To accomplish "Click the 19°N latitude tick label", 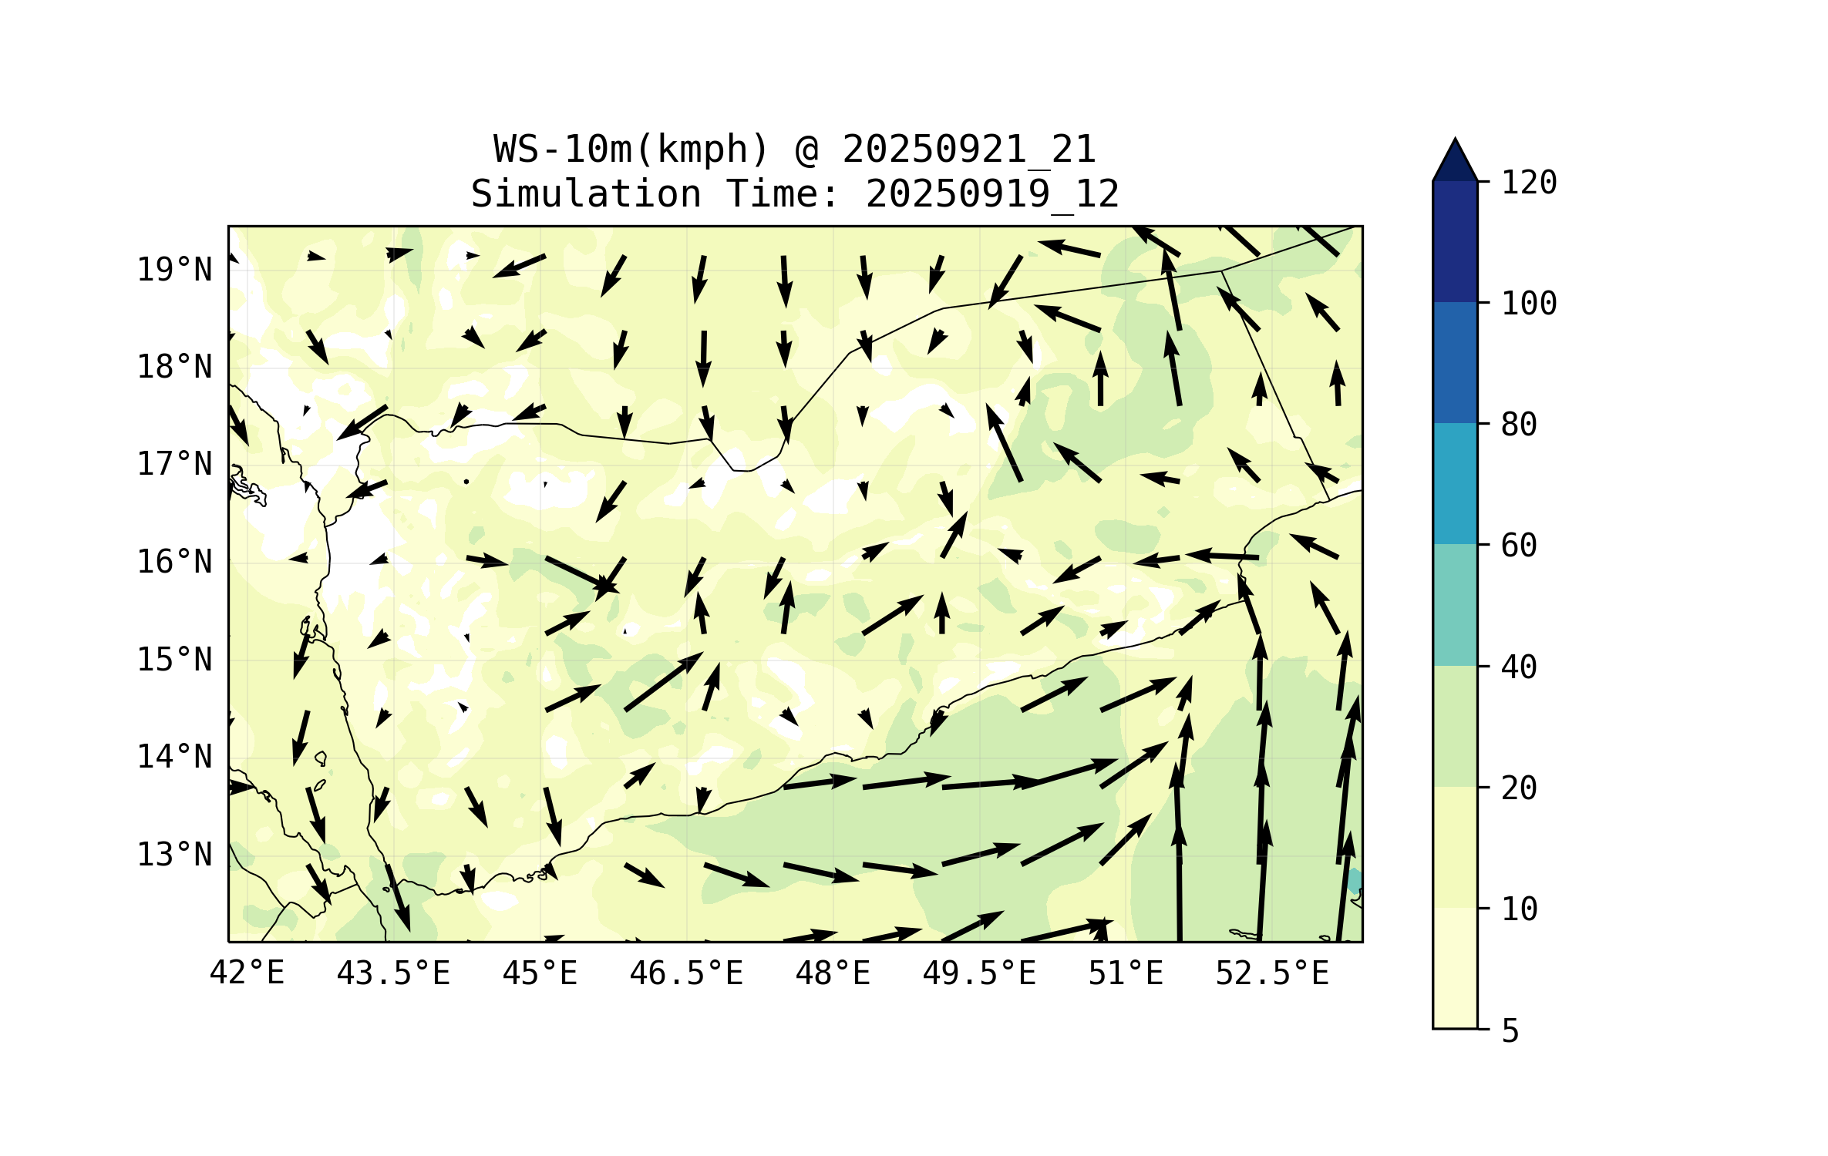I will (174, 271).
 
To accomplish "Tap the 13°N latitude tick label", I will (174, 855).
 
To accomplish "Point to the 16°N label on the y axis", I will (174, 563).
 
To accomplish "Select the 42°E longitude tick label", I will (247, 973).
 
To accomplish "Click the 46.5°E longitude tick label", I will (686, 973).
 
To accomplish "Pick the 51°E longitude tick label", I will (1125, 973).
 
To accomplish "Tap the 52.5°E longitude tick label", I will (1272, 973).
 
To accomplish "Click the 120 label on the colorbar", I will (1529, 183).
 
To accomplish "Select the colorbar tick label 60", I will (1519, 546).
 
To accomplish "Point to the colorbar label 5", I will (1510, 1031).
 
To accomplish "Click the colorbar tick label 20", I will (1519, 788).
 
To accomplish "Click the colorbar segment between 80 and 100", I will (1455, 362).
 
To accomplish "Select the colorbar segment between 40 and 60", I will (1455, 605).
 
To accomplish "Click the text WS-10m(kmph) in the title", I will (631, 150).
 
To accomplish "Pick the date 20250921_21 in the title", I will (969, 150).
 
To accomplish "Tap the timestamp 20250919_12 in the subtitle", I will (992, 194).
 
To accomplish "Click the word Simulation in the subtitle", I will (586, 194).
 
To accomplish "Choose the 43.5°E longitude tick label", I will (393, 973).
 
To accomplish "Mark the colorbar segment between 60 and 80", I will (1455, 483).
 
